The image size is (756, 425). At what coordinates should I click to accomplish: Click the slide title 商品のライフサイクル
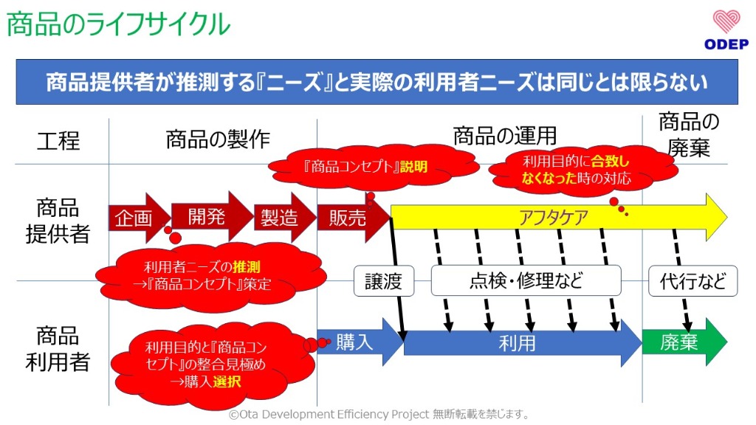119,25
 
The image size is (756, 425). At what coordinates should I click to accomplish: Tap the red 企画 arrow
137,218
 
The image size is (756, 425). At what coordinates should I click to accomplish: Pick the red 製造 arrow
281,218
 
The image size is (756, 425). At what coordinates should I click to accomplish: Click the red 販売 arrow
349,218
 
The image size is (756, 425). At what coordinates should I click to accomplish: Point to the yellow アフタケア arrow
554,218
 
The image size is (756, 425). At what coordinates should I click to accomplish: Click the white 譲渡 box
383,281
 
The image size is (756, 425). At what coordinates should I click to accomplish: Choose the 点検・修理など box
526,281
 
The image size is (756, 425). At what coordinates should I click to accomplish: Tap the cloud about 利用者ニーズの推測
210,274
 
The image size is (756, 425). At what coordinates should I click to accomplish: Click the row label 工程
58,140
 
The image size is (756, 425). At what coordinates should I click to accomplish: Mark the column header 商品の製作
217,139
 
